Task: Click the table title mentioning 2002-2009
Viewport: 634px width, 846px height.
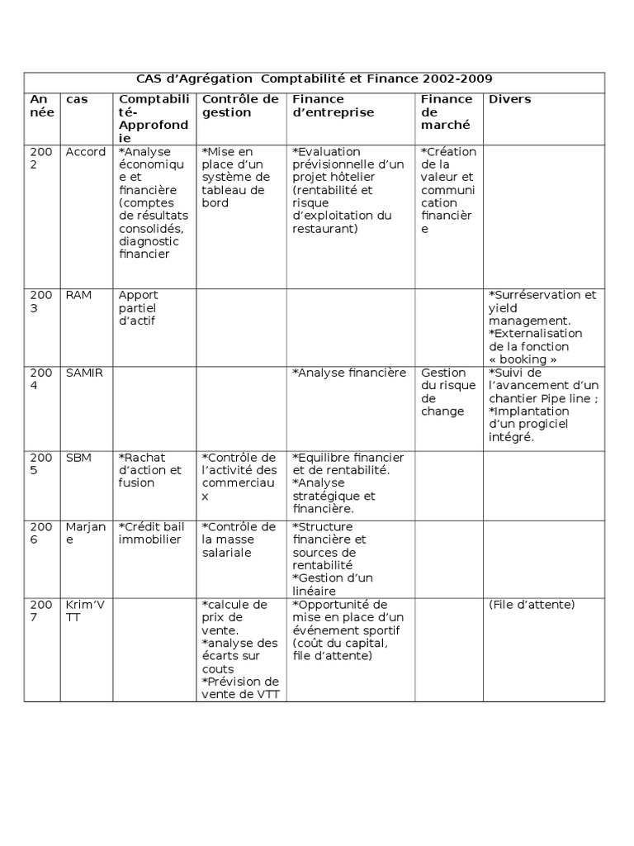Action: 314,79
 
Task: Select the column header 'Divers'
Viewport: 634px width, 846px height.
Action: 510,99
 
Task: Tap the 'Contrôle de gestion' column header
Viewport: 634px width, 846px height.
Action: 240,106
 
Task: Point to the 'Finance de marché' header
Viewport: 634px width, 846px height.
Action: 447,112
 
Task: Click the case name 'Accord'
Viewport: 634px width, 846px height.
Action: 86,152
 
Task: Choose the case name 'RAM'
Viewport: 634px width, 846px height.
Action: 78,295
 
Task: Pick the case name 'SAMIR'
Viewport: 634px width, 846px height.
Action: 84,373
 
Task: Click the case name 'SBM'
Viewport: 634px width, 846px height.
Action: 78,457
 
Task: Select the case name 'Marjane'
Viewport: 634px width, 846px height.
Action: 86,533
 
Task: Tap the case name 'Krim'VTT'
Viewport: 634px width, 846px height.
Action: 85,611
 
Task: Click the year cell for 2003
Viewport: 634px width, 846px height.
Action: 40,302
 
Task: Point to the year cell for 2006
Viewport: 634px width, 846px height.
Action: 40,533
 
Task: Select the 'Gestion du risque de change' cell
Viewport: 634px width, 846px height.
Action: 447,392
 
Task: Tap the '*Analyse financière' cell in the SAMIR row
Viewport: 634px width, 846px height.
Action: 349,373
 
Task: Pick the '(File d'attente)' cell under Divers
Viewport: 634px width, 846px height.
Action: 532,604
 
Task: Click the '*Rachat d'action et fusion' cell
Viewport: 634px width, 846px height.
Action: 150,470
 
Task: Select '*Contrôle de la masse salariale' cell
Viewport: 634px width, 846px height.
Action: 239,539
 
